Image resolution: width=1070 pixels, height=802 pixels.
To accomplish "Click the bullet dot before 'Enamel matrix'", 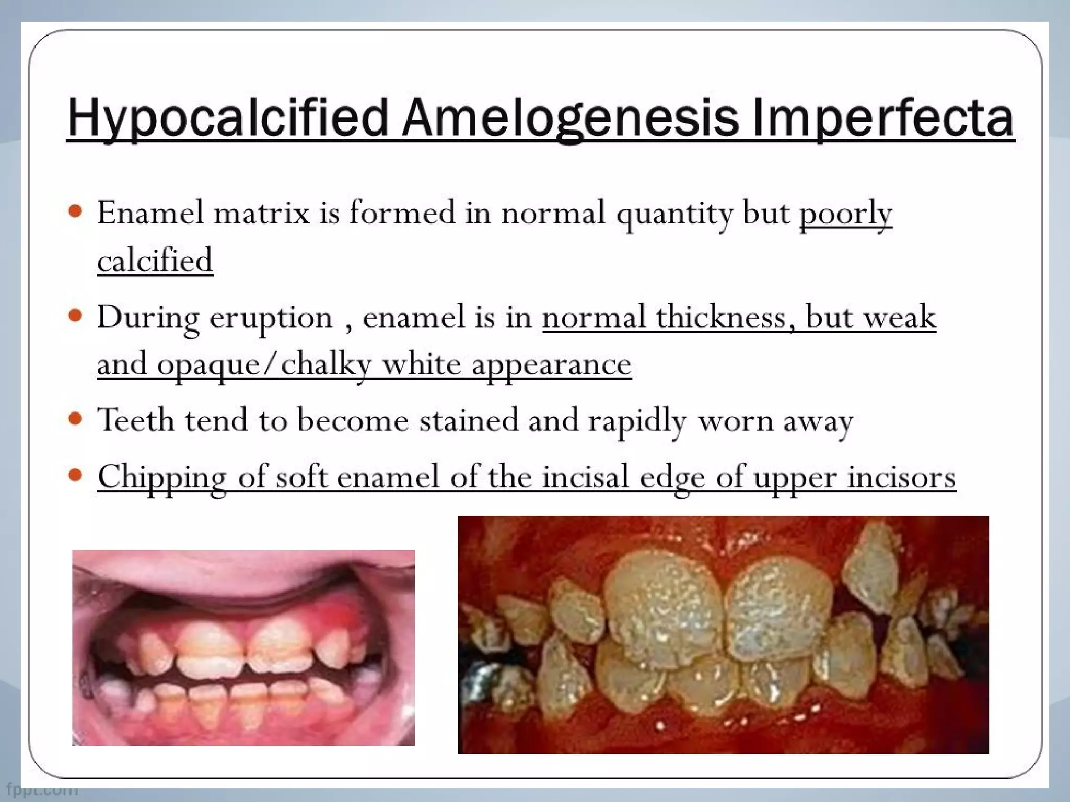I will (x=76, y=211).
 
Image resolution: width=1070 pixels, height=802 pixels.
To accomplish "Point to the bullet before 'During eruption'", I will (x=76, y=315).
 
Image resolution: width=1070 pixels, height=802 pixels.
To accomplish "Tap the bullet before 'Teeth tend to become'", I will (x=76, y=419).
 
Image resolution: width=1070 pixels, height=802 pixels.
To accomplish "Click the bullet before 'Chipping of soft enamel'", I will (x=76, y=475).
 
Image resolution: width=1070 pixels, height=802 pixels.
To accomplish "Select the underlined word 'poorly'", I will (x=845, y=214).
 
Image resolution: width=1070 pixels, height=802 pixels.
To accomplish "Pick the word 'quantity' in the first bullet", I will (x=674, y=214).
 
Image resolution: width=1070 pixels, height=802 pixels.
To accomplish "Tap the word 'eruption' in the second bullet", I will (x=271, y=318).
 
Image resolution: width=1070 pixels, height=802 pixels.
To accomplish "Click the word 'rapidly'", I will (x=637, y=421).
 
